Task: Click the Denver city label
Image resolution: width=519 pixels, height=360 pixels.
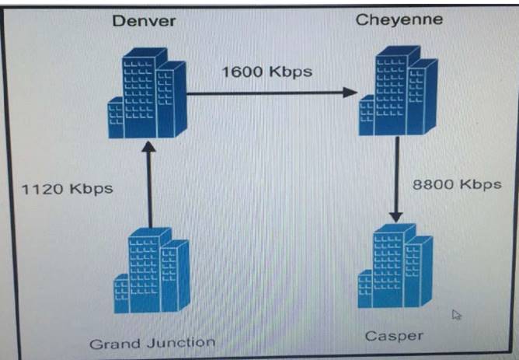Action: [x=145, y=20]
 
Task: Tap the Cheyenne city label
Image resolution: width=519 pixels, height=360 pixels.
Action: [x=399, y=19]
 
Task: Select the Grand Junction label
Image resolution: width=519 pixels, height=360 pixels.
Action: [x=152, y=342]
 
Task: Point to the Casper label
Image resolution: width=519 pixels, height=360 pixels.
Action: [x=395, y=336]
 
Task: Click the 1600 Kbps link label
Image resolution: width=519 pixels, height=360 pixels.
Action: [x=266, y=72]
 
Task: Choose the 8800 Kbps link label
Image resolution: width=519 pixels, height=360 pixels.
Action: [x=457, y=184]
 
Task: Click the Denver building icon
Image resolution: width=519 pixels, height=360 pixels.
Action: [x=148, y=94]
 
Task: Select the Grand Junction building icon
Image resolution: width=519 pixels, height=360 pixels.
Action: [x=152, y=272]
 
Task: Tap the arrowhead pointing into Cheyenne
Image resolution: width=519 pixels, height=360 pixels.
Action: [x=350, y=93]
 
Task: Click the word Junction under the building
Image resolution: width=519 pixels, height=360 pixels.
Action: [x=183, y=342]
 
